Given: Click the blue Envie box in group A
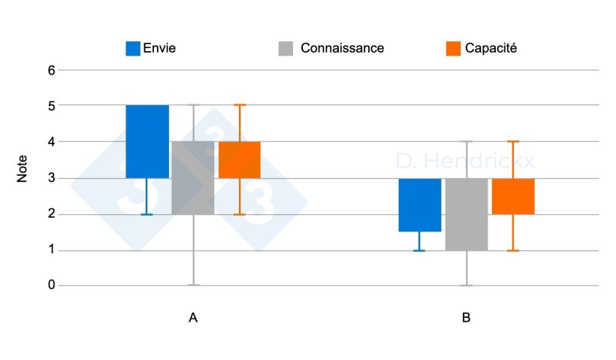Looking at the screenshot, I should (147, 141).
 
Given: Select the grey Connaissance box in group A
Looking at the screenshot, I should (193, 177).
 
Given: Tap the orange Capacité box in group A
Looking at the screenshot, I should (240, 159).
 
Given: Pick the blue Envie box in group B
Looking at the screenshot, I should (419, 204).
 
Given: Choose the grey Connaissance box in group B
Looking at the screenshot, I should (467, 214).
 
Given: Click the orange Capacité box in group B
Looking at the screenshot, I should (513, 196).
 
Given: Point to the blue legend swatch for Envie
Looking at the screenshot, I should (133, 48).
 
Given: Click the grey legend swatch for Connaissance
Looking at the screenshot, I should (285, 48).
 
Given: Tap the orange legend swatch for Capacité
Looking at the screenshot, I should (452, 48).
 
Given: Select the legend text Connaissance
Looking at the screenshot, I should (343, 48).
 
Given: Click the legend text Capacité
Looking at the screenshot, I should (491, 48).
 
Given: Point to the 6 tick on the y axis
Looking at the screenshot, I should (52, 71).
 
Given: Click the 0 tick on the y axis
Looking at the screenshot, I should (52, 286).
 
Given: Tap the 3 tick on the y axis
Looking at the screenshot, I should (52, 178).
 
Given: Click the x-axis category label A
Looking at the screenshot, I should (193, 318).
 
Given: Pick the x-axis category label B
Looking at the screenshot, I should (467, 318).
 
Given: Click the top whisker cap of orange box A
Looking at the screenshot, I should (240, 105).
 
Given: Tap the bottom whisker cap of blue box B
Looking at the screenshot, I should (419, 250).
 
